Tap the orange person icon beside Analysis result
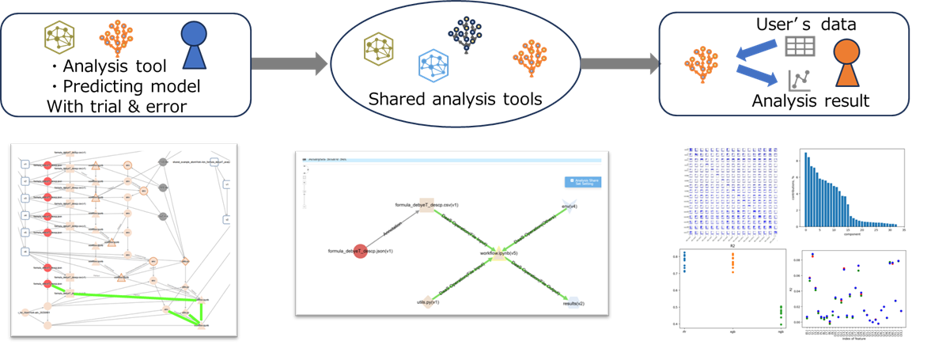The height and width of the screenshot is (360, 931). tap(847, 66)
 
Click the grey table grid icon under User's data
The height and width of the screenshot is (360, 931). tap(800, 46)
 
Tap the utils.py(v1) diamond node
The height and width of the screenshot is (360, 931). tap(428, 301)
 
